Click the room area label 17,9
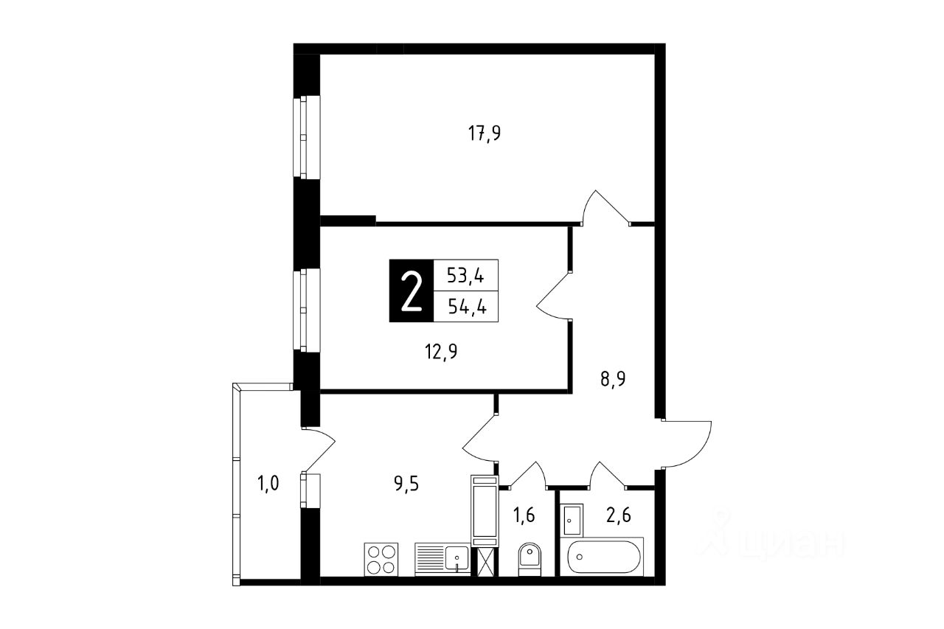485,133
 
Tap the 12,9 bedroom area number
441,351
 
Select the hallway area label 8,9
613,379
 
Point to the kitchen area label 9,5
406,484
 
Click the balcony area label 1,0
268,483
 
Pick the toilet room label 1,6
524,515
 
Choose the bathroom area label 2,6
619,515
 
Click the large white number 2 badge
412,291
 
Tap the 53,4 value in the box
465,276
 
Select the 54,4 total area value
467,306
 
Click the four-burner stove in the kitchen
381,559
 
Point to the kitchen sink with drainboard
442,559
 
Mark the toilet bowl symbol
530,559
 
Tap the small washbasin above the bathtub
572,520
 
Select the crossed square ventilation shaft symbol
485,562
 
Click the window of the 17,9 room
307,137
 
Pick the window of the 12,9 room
307,310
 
